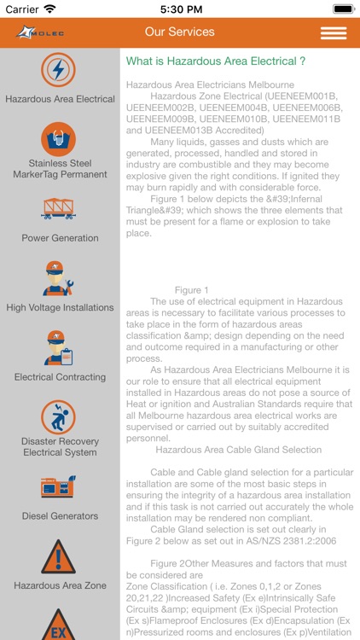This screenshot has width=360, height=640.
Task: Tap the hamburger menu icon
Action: tap(333, 32)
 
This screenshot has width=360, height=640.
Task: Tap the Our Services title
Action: tap(179, 32)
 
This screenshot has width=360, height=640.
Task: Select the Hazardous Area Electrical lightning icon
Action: tap(59, 69)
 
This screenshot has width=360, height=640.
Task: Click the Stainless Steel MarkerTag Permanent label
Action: tap(60, 168)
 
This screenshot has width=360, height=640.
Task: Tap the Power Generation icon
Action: tap(59, 209)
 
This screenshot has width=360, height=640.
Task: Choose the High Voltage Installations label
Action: tap(60, 307)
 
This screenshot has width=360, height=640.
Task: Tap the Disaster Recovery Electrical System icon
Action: tap(59, 416)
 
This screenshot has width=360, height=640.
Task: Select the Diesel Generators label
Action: tap(60, 515)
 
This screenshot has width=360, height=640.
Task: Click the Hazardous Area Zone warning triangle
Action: tap(59, 557)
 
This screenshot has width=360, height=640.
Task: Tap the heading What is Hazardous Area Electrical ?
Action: tap(216, 61)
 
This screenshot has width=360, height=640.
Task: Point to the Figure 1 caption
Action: tap(191, 290)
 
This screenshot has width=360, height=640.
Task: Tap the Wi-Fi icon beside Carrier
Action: tap(49, 9)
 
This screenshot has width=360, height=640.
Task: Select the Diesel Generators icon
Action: tap(59, 486)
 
